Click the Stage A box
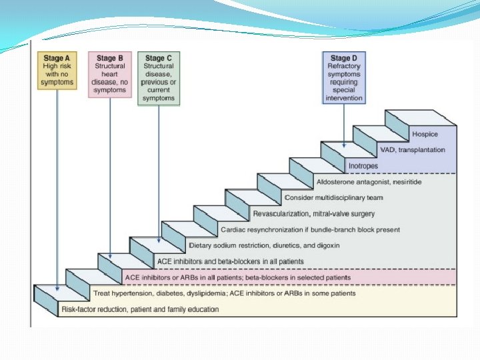click(x=58, y=71)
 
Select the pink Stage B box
click(x=110, y=75)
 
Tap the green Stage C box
click(x=159, y=79)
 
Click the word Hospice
click(x=425, y=135)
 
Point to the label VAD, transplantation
click(x=411, y=150)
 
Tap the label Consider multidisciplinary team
click(x=333, y=197)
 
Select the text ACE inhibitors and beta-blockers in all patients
click(x=230, y=261)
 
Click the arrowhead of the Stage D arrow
click(x=344, y=145)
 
